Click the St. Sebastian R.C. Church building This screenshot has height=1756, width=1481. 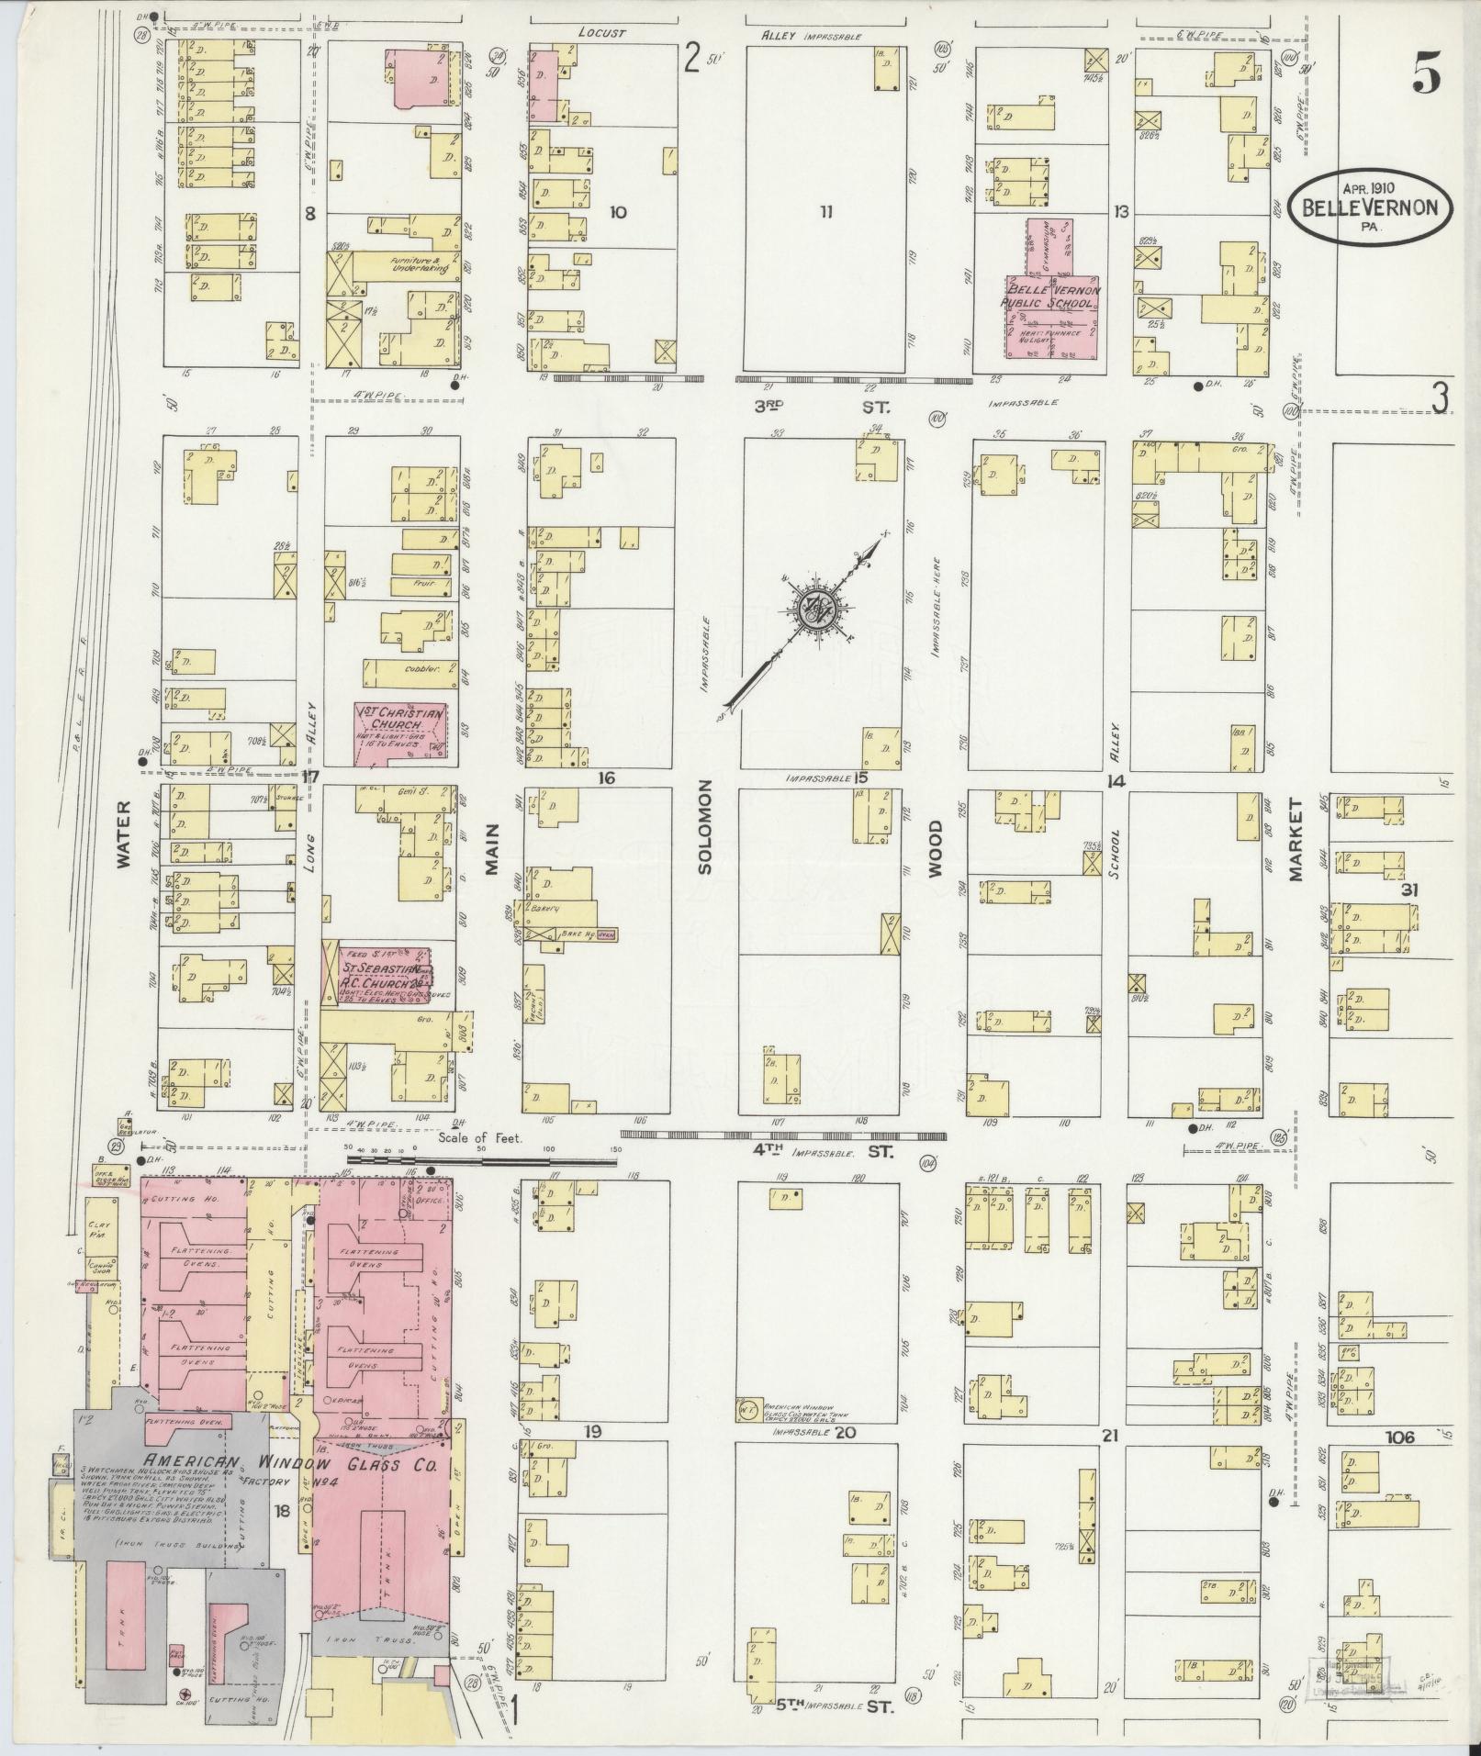click(x=376, y=976)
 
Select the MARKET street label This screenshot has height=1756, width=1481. click(x=1296, y=840)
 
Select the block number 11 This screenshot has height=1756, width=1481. click(x=826, y=213)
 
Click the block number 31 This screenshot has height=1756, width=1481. click(x=1409, y=889)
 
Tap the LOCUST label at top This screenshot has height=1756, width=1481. click(x=601, y=33)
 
